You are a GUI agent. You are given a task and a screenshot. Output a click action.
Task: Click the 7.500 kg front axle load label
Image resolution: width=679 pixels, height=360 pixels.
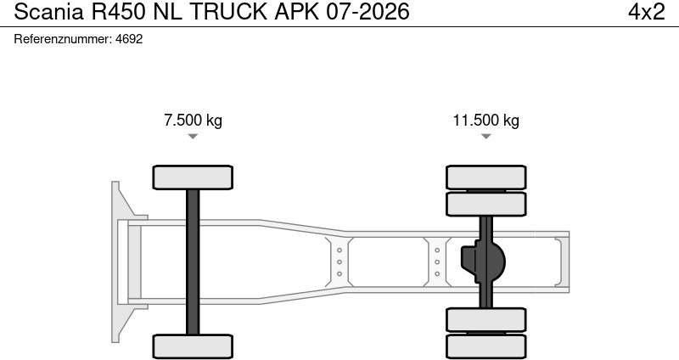pos(193,120)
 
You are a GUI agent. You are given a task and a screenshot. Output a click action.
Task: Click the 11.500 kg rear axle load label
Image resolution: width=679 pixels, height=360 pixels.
pos(485,120)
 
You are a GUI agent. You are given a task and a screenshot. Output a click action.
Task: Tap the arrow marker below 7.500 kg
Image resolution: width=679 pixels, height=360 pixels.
pos(193,137)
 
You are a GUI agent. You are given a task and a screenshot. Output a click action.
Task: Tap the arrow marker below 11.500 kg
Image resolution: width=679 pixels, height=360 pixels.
pos(485,137)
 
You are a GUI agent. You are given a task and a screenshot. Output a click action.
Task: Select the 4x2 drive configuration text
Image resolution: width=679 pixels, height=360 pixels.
pos(645,12)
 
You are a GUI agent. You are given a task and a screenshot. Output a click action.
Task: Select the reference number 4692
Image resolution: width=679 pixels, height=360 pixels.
pos(130,39)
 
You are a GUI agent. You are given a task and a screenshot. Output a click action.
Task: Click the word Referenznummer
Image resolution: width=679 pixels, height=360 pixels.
pos(64,39)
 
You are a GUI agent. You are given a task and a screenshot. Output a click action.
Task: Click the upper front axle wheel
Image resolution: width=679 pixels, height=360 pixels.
pos(193,177)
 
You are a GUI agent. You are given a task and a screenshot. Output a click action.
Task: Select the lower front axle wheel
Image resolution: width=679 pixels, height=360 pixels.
pos(193,346)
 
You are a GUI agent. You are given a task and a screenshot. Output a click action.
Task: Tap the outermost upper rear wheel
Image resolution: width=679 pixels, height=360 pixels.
pos(486,177)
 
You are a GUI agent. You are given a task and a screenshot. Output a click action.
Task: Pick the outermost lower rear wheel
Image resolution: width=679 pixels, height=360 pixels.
pos(486,346)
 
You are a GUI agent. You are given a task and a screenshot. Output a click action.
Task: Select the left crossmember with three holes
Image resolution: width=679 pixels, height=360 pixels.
pos(339,262)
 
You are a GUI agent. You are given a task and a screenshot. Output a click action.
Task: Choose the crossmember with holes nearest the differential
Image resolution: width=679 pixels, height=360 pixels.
pos(437,262)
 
